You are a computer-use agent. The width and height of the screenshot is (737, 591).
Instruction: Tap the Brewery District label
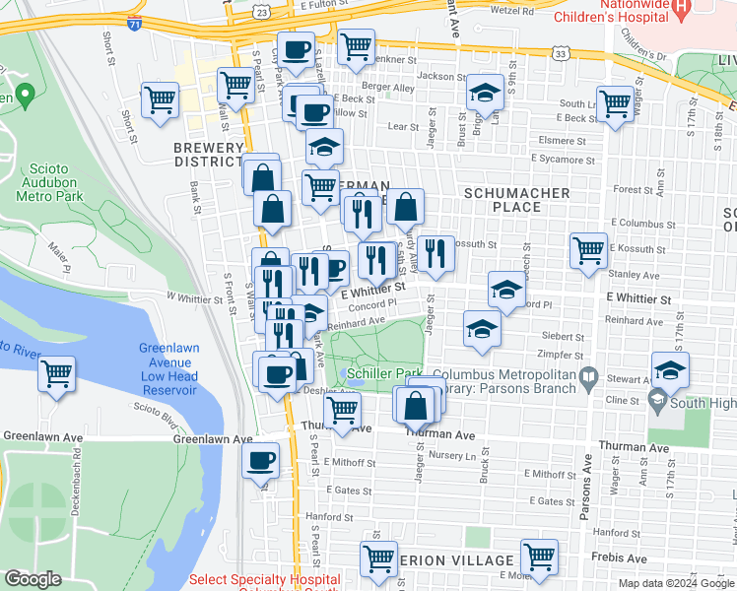tap(208, 154)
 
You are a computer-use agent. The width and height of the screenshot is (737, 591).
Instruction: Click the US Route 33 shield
tap(561, 56)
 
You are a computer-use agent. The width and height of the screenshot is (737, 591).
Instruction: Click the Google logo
tap(33, 579)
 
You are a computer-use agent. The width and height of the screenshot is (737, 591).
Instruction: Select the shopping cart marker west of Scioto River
tap(57, 374)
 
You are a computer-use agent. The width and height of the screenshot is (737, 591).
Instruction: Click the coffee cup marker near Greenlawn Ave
tap(261, 460)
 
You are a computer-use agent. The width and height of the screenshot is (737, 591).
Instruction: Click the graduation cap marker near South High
tap(670, 370)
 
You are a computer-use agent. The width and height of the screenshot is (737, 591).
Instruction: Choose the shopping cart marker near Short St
tap(160, 98)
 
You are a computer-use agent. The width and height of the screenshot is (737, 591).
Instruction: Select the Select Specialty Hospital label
tap(264, 580)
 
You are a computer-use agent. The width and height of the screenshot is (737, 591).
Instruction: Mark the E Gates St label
tap(551, 501)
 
